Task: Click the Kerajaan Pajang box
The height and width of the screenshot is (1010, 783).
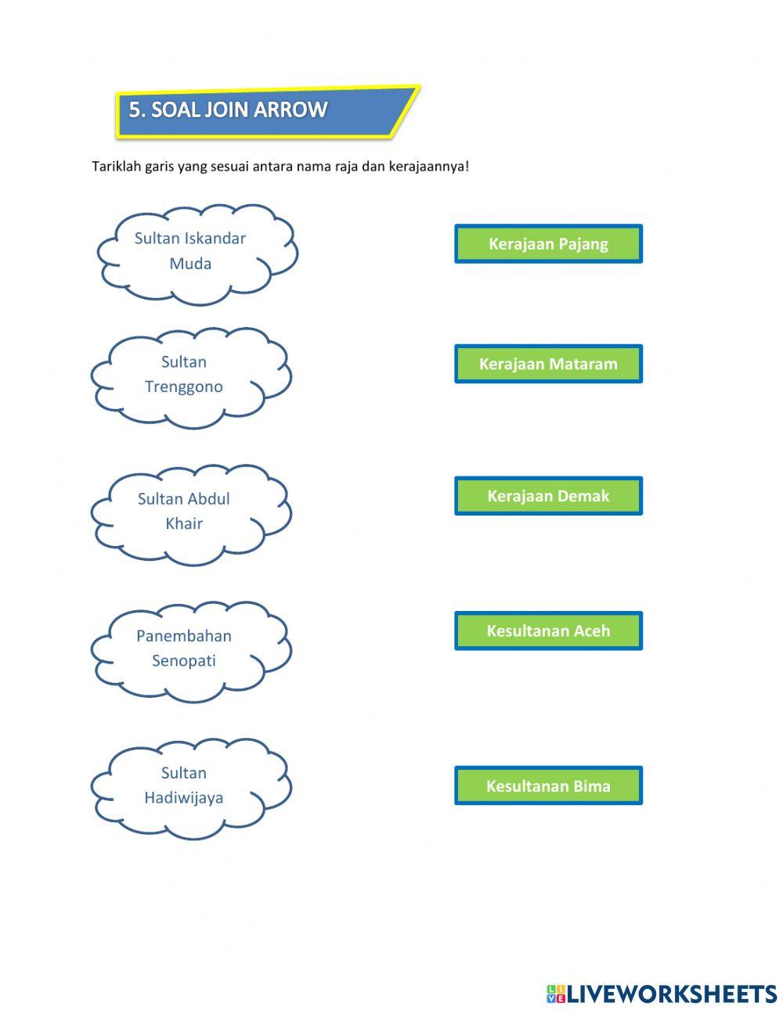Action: point(548,243)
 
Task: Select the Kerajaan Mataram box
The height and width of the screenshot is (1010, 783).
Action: point(548,364)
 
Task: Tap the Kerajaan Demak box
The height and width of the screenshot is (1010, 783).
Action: point(548,495)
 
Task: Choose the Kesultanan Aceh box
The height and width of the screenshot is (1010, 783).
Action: point(548,631)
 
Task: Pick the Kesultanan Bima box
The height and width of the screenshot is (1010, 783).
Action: point(548,785)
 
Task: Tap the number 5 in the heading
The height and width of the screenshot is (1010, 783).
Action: point(134,110)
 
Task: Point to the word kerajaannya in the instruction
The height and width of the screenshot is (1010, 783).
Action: point(428,167)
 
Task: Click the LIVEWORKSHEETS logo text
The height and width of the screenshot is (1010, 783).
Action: point(671,981)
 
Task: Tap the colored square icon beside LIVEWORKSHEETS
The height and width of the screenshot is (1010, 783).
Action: point(556,981)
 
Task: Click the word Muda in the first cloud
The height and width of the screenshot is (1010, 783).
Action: point(190,264)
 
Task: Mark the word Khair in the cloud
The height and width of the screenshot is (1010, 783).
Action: point(184,523)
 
